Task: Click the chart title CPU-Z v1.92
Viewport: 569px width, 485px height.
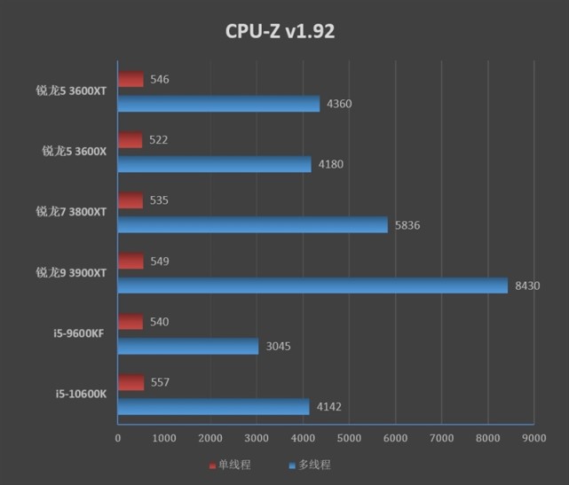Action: (280, 32)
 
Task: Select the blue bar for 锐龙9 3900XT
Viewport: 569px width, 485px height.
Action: (312, 286)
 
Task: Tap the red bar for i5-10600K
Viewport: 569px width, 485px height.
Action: (130, 382)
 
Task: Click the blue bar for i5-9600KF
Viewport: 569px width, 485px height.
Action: (188, 346)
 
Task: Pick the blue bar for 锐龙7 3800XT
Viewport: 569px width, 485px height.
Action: (253, 225)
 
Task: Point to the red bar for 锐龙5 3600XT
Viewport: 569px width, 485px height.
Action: (130, 80)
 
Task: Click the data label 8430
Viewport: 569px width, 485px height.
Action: (526, 286)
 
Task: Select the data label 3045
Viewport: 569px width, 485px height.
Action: (278, 346)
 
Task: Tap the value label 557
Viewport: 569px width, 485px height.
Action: (160, 382)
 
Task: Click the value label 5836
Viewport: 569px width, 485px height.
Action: (407, 225)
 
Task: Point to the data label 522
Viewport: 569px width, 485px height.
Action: (159, 140)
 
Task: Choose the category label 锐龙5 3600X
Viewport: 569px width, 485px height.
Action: (74, 152)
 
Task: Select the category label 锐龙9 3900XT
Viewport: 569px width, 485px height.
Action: (70, 273)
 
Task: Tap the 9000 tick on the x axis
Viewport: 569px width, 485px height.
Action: (533, 437)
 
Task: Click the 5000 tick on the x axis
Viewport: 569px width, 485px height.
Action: (349, 437)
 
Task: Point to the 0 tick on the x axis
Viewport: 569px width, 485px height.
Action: (118, 437)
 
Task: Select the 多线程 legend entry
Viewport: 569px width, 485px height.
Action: (310, 465)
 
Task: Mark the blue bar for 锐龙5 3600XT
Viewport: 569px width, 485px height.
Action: (218, 104)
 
